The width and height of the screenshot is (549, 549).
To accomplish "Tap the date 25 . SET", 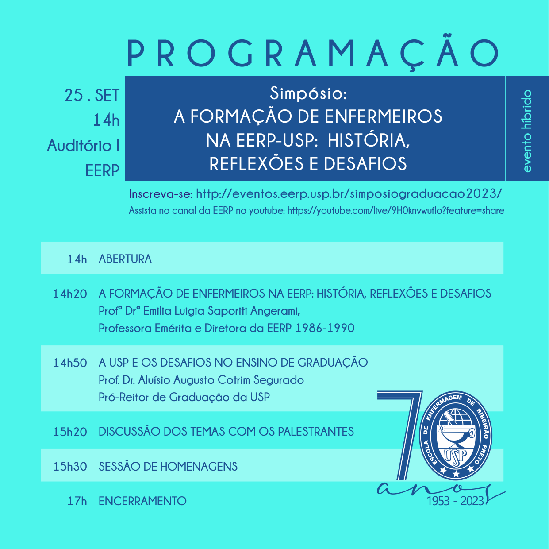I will click(x=92, y=95).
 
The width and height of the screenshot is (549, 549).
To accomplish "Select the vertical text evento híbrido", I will click(x=527, y=131).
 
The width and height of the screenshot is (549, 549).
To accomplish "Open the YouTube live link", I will click(x=395, y=211).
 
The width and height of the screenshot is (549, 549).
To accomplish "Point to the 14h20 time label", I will click(x=70, y=294).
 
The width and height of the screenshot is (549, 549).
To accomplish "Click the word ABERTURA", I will click(x=125, y=259).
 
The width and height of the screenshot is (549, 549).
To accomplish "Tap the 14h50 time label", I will click(x=70, y=363).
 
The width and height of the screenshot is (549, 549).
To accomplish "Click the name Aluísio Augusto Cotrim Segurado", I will click(x=221, y=380).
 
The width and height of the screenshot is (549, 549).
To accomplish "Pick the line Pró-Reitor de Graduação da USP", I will click(x=184, y=397).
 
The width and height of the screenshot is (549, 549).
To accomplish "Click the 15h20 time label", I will click(x=70, y=432).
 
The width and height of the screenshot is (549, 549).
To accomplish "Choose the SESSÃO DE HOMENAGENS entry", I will click(x=168, y=467).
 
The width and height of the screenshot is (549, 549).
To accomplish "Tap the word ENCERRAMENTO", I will click(x=142, y=501).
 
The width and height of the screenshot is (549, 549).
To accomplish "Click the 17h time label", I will click(x=77, y=501).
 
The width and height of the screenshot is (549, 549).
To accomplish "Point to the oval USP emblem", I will click(x=456, y=436).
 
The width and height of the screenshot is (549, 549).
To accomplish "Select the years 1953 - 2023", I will click(x=455, y=501).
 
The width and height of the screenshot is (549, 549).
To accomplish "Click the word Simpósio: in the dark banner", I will click(x=308, y=93).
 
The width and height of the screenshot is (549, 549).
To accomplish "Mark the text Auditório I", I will click(x=84, y=146).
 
